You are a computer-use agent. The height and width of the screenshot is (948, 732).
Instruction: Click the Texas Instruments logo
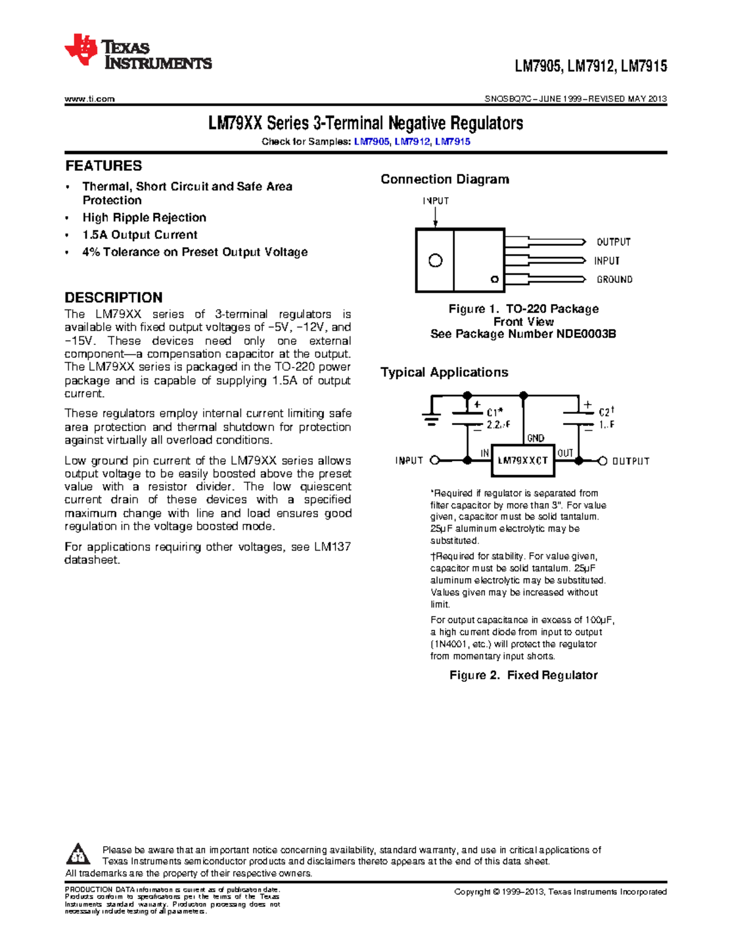(138, 52)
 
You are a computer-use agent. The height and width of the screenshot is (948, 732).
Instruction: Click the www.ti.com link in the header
(90, 99)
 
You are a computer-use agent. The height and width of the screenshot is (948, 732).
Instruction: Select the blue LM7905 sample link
(371, 142)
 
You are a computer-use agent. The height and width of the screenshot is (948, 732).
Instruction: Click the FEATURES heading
(104, 166)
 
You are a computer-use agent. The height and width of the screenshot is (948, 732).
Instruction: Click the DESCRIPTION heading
(113, 298)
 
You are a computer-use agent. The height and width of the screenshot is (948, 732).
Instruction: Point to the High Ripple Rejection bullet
(145, 218)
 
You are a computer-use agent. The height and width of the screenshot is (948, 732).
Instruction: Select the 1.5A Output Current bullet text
(140, 235)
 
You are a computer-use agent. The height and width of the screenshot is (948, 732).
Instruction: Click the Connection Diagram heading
(445, 179)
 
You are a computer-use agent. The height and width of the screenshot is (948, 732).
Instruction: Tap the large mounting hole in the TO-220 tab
(436, 261)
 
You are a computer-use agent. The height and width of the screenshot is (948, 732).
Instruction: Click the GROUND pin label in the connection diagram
(614, 280)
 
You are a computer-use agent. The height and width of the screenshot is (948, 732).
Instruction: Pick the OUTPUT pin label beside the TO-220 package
(614, 242)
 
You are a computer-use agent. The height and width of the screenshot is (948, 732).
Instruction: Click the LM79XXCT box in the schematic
(523, 461)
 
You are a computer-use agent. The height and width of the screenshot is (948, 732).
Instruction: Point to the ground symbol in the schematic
(432, 418)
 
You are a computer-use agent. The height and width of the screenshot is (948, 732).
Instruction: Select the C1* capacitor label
(495, 413)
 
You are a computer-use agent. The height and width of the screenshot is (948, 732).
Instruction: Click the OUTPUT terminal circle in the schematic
(603, 461)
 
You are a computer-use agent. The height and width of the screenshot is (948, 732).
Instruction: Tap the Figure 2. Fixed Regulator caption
(523, 675)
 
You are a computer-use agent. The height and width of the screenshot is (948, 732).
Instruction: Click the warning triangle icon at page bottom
(78, 854)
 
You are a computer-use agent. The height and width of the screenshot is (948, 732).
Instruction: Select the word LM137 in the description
(332, 547)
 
